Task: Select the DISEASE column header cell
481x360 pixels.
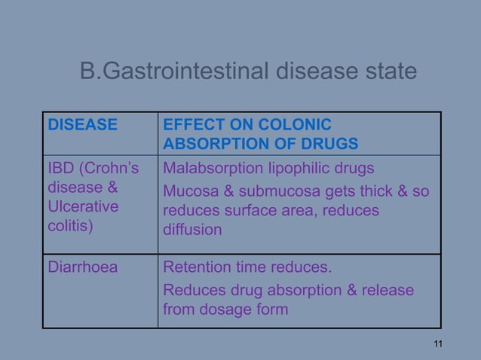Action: tap(83, 125)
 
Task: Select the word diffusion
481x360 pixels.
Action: tap(192, 230)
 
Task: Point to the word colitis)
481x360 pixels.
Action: tap(70, 227)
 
